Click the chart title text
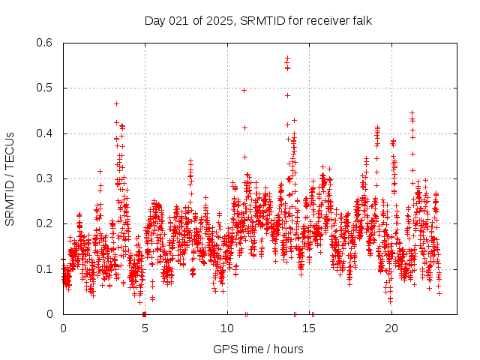point(258,20)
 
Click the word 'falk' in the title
point(361,20)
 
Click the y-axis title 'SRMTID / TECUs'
point(10,178)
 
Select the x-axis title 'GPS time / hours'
point(258,349)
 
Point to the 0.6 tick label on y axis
point(45,43)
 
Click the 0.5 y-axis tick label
point(45,88)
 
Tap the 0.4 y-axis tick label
point(45,133)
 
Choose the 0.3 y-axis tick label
point(45,178)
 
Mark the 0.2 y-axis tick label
point(45,223)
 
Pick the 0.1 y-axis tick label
point(45,268)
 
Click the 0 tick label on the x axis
point(63,328)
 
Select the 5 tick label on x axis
point(145,328)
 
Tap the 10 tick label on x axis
point(227,328)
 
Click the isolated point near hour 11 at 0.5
point(244,90)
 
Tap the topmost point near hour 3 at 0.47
point(116,103)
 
